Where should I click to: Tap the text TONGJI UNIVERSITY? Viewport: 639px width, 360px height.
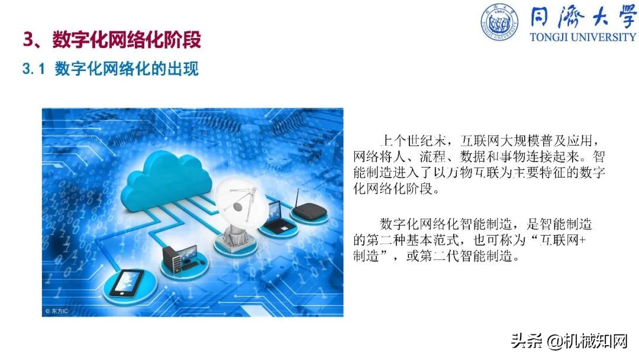[x=583, y=37]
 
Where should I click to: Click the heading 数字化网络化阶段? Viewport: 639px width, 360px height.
[x=127, y=40]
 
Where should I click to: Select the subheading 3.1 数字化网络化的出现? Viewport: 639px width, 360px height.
[x=110, y=69]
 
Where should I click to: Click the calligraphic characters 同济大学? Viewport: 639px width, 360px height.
[x=583, y=18]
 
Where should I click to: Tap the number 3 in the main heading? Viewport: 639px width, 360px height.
[x=27, y=40]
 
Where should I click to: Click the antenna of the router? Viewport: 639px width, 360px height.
[x=297, y=195]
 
